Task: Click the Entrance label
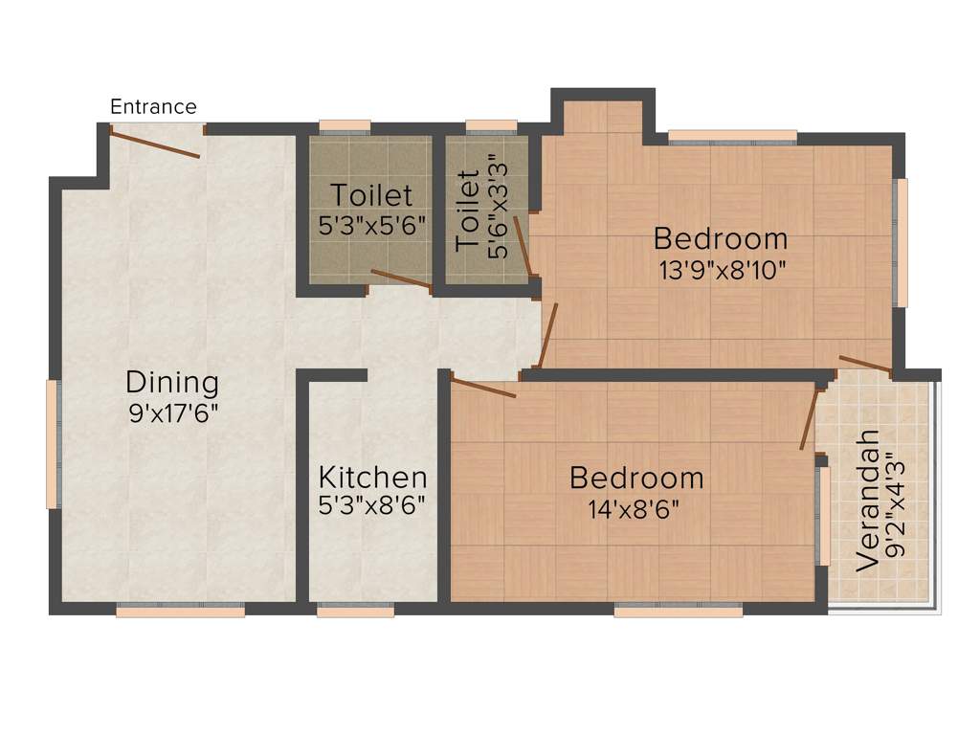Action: [x=153, y=106]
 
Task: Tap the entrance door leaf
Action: [x=155, y=145]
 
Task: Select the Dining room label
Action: [x=172, y=383]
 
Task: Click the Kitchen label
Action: [x=372, y=477]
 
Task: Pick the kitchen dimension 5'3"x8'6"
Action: [x=372, y=504]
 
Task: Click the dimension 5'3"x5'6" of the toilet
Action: [x=371, y=226]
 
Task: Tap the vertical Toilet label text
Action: [x=467, y=212]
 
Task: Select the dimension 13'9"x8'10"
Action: [x=722, y=269]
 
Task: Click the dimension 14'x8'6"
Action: [x=635, y=507]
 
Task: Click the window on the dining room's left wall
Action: [x=53, y=444]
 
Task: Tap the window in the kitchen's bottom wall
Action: [x=355, y=610]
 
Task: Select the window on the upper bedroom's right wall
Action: [x=899, y=242]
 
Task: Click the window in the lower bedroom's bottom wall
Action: [x=678, y=610]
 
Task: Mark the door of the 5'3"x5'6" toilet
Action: [x=401, y=278]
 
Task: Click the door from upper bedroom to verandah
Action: [x=865, y=364]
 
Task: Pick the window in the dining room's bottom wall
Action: [x=180, y=610]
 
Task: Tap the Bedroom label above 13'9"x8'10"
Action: [x=721, y=238]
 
